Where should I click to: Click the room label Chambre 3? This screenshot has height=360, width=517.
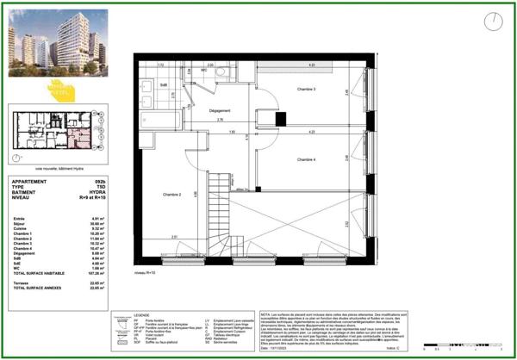[307, 89]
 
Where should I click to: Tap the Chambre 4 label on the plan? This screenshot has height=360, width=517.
[307, 159]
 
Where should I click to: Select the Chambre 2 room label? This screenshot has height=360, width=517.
[171, 196]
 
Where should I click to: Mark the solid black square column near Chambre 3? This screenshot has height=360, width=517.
[278, 120]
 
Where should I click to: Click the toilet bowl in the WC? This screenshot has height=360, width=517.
[221, 72]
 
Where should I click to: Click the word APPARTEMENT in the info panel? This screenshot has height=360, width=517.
[30, 183]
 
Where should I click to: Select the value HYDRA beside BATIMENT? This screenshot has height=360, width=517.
[101, 193]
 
